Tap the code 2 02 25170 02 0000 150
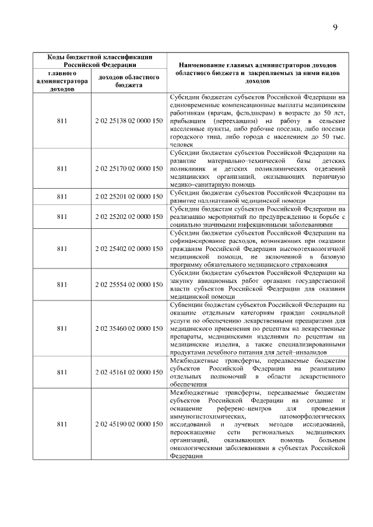tap(128, 168)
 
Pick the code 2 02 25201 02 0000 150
tap(128, 196)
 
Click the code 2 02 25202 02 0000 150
tap(128, 217)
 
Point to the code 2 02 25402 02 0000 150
tap(128, 249)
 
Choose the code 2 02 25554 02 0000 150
tap(128, 285)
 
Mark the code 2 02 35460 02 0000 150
tap(128, 329)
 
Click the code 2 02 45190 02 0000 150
tap(128, 425)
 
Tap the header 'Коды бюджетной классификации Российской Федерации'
tap(100, 61)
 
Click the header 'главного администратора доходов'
tap(62, 82)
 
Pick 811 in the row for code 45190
tap(62, 425)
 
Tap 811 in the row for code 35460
tap(62, 329)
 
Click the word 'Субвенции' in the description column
tap(186, 304)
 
